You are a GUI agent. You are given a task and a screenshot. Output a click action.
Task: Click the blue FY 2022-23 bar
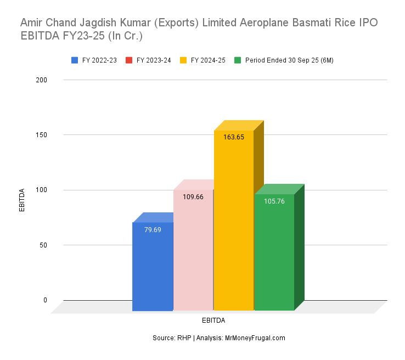pos(153,269)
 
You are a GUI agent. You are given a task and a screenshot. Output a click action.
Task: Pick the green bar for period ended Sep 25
pos(274,255)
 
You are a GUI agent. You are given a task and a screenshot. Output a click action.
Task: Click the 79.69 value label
pos(153,230)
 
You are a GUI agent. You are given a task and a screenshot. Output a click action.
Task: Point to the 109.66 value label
pos(193,197)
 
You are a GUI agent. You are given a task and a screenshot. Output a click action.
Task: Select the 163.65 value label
pos(234,137)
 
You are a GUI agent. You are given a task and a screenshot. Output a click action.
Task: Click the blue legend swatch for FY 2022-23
pos(75,60)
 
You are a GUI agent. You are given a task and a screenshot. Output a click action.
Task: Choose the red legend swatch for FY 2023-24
pos(129,60)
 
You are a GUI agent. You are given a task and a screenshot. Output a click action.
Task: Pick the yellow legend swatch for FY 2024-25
pos(183,60)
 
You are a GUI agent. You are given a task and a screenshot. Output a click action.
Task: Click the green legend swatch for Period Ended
pos(238,60)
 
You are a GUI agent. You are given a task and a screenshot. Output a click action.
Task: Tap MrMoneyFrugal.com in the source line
pos(255,338)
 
